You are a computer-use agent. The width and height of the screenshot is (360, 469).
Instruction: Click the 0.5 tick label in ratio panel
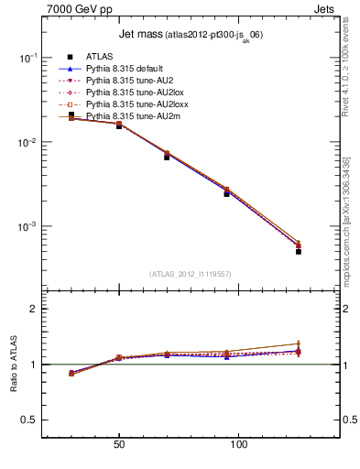(x=29, y=420)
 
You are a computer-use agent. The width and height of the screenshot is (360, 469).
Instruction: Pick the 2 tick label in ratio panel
(x=34, y=310)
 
